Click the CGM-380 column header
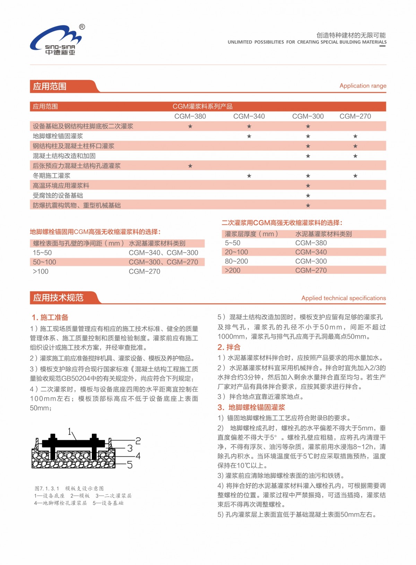(190, 116)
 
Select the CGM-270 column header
(355, 116)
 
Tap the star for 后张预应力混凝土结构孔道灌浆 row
(190, 166)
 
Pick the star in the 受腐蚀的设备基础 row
(308, 196)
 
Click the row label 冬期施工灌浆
(52, 176)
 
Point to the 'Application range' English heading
(363, 86)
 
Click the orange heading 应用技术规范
(58, 298)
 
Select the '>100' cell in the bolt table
(41, 272)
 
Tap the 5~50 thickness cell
(232, 243)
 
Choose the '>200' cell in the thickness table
(232, 271)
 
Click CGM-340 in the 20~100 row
(311, 252)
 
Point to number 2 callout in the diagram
(138, 441)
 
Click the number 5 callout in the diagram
(130, 465)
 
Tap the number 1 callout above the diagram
(70, 431)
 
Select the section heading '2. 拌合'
(229, 347)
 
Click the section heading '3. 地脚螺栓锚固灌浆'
(251, 408)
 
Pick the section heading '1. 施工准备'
(50, 317)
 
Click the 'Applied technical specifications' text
(343, 298)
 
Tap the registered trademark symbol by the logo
(82, 27)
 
